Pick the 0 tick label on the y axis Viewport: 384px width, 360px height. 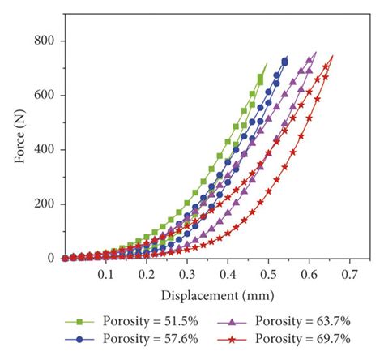[x=51, y=258]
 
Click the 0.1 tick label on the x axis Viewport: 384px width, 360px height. [x=105, y=276]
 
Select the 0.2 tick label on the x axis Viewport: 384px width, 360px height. [x=146, y=276]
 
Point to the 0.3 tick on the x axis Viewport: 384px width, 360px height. [x=187, y=276]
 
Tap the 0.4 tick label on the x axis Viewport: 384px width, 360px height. [x=228, y=276]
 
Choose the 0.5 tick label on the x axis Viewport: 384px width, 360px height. [x=268, y=276]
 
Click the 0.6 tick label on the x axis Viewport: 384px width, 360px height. [x=309, y=276]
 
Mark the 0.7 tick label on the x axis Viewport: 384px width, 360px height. [x=350, y=276]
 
